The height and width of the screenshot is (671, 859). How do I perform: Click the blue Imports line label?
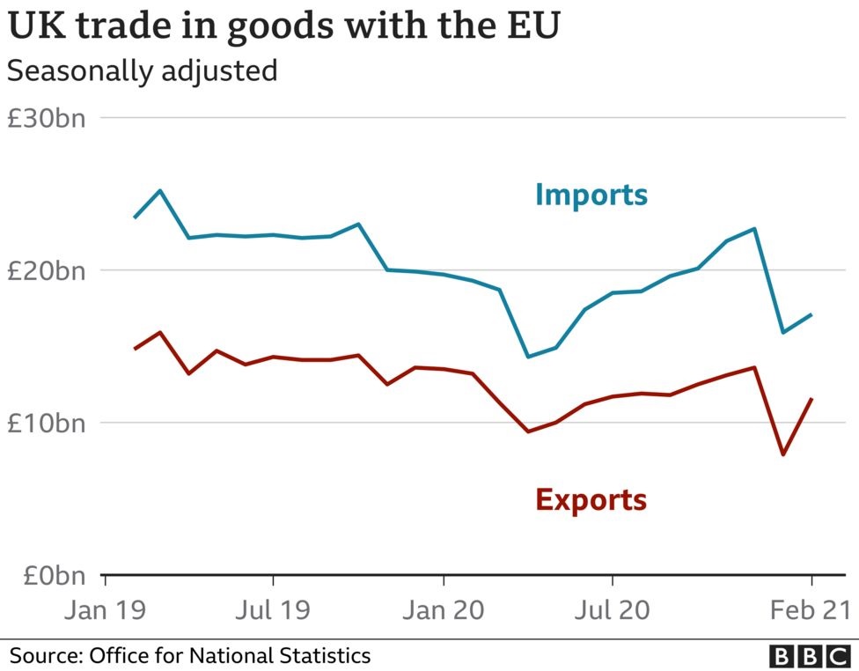[x=591, y=194]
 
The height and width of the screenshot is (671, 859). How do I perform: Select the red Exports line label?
[x=591, y=499]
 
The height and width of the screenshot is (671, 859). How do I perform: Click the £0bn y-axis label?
[x=52, y=576]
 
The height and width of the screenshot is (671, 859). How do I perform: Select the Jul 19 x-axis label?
[x=274, y=609]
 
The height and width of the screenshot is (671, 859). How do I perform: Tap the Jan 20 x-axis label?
[x=443, y=609]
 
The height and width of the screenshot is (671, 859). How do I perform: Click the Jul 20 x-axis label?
[x=613, y=609]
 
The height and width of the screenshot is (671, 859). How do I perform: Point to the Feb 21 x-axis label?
[x=811, y=609]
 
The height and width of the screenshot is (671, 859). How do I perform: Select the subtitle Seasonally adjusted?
[x=142, y=70]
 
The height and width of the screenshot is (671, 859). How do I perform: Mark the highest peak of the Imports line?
[x=159, y=190]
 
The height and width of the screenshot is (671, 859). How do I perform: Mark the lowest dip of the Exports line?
[x=782, y=454]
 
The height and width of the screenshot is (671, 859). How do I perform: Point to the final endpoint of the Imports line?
[x=811, y=314]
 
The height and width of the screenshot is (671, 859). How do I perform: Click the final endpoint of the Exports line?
[x=811, y=399]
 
